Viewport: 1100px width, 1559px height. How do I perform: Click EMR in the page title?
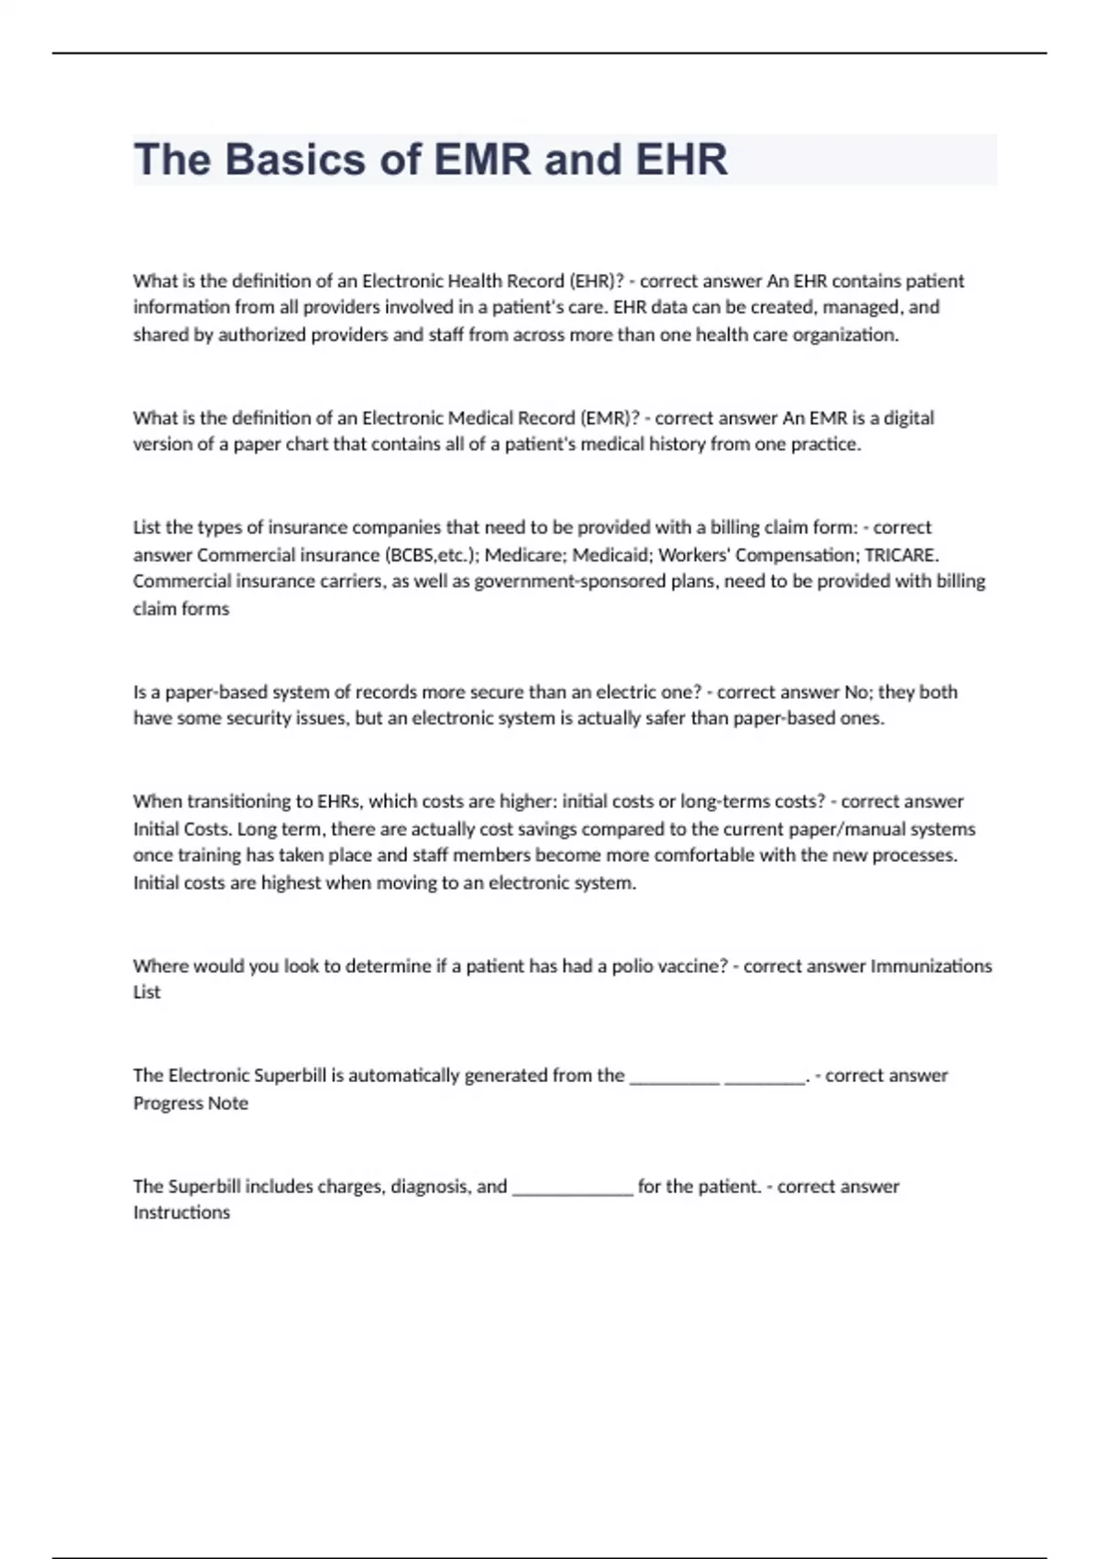482,160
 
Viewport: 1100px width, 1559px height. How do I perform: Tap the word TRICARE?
901,555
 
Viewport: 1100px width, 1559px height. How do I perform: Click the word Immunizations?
930,966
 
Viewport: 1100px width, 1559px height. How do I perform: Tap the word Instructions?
181,1212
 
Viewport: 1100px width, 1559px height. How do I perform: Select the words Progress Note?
191,1103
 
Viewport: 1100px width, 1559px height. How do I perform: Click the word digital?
908,418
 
